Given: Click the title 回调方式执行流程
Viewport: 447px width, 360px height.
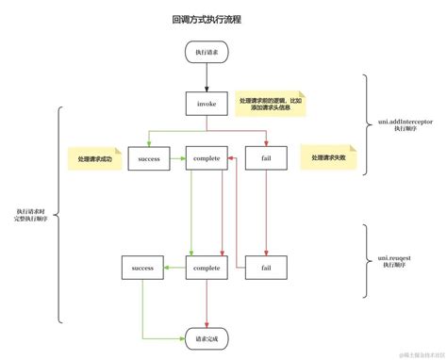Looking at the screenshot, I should (206, 18).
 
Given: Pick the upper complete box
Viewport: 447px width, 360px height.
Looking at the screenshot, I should (206, 159).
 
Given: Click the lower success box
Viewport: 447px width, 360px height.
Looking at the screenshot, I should (142, 268).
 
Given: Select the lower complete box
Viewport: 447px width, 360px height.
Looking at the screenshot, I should (206, 268).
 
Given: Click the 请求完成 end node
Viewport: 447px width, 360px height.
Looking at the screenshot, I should (206, 336).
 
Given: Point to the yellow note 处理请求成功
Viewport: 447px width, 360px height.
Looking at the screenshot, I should (90, 158).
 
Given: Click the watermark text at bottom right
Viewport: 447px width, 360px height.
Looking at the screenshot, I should (415, 353).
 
